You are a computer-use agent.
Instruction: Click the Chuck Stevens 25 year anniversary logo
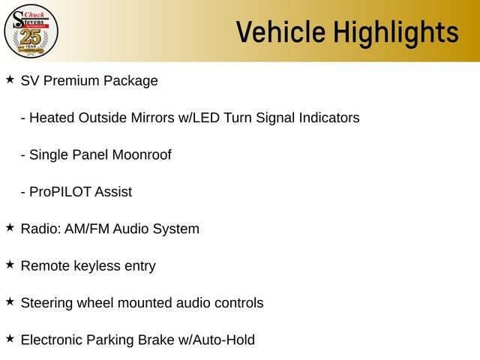point(31,31)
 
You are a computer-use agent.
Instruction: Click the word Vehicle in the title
point(280,31)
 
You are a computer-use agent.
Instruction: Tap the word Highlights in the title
point(396,33)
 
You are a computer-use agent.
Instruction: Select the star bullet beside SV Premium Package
point(10,79)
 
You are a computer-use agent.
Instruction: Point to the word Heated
point(52,118)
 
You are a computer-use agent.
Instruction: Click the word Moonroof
point(142,155)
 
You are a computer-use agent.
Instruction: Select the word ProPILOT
point(60,192)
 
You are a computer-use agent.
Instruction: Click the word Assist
point(113,192)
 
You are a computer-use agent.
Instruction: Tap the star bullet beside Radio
point(10,228)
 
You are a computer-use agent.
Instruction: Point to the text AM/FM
point(87,229)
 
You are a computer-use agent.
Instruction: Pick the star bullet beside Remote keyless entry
point(10,265)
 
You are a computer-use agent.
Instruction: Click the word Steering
point(46,303)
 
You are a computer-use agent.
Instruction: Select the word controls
point(239,303)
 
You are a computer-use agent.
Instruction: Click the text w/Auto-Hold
point(217,340)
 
